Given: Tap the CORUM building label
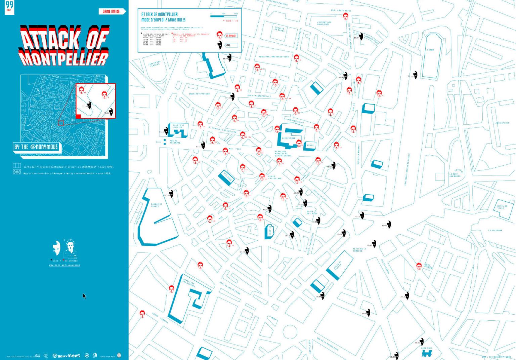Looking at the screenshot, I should [x=430, y=50].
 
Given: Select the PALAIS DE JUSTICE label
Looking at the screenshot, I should [x=178, y=126].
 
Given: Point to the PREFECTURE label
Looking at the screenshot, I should [x=289, y=138].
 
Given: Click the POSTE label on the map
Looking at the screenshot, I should [x=310, y=146].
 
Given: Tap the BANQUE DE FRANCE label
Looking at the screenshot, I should [x=156, y=205].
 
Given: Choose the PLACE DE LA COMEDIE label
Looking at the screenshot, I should [x=359, y=250].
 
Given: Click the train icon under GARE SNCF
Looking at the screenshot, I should [x=427, y=353].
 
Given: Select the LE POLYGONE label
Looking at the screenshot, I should [x=495, y=231].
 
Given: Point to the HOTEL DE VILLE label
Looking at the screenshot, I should [x=502, y=207].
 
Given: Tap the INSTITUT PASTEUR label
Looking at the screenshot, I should [x=199, y=94].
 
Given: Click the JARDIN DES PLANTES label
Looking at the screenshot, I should [x=155, y=64].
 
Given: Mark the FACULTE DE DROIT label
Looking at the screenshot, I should [x=279, y=29].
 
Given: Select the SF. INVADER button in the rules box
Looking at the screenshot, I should [x=231, y=36].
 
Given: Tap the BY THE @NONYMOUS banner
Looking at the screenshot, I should [x=36, y=147].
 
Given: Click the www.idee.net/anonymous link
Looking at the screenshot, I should [x=64, y=265].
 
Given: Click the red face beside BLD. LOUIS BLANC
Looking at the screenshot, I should [x=345, y=16].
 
